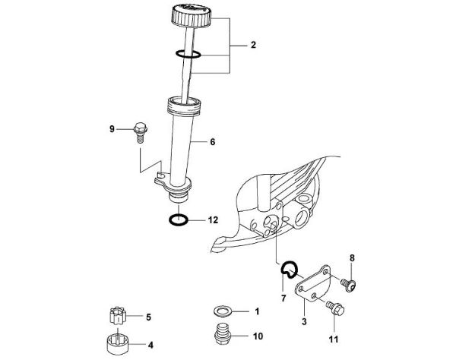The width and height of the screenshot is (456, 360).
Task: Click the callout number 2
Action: (x=254, y=46)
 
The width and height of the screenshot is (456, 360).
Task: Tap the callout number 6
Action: (x=213, y=141)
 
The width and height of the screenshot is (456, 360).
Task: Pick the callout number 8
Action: (x=352, y=258)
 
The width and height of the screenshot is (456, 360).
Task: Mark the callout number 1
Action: (x=257, y=311)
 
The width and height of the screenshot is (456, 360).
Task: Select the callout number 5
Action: (x=149, y=317)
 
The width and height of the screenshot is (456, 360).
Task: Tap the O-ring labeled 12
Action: (x=179, y=221)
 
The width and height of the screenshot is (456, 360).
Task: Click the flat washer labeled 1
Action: (x=223, y=311)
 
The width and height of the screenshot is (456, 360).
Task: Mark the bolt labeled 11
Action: (x=335, y=308)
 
